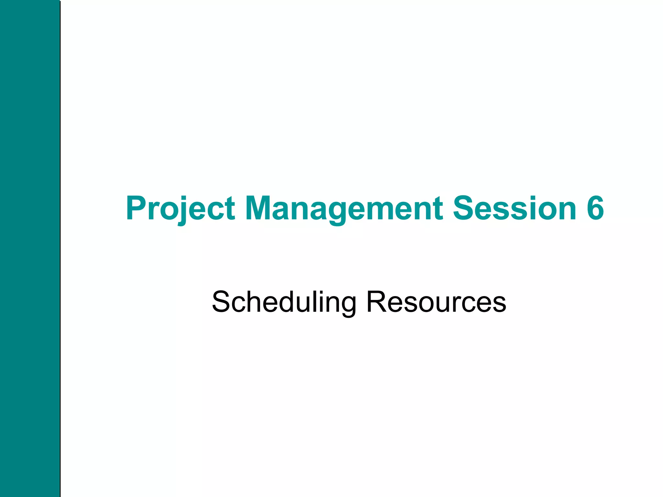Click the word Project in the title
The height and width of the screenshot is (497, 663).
click(x=180, y=209)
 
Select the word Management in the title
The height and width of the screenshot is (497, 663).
click(x=344, y=209)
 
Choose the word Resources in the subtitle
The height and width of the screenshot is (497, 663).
click(x=436, y=302)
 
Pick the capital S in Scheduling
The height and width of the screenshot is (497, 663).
click(x=221, y=302)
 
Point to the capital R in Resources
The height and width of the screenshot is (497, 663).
click(x=376, y=302)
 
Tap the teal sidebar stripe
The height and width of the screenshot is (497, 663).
click(x=30, y=248)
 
